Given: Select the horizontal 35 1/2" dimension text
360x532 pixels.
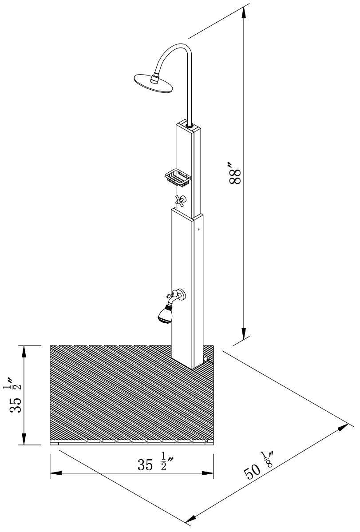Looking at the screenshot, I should tap(155, 464).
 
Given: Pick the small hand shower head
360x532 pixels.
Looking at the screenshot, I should tap(165, 314).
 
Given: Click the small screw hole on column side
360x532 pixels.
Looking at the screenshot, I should tap(198, 230).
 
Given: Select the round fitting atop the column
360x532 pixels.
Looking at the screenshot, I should tap(190, 127).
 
